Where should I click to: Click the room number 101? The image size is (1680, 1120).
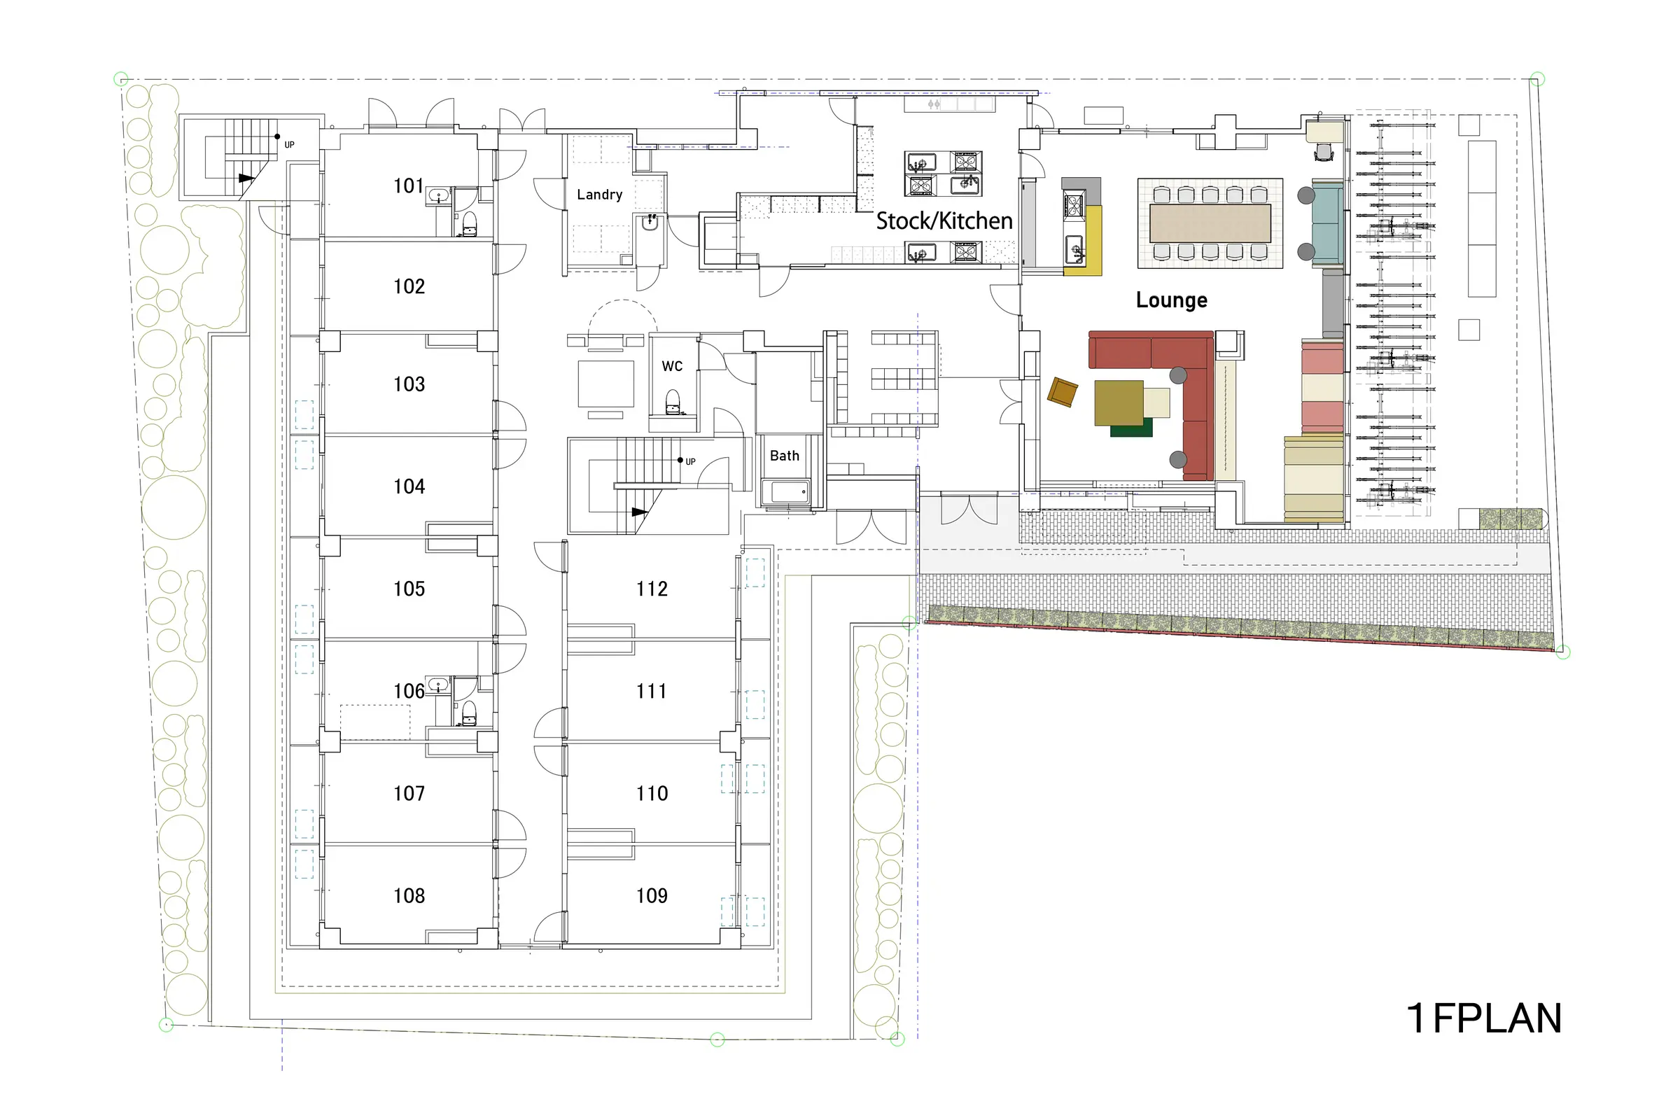click(x=409, y=185)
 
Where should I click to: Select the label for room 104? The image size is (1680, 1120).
click(x=409, y=486)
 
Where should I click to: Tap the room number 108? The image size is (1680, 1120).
click(x=409, y=896)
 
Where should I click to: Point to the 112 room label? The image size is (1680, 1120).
click(x=652, y=589)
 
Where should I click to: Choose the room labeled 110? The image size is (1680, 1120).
click(x=652, y=794)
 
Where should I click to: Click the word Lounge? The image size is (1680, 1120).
click(x=1171, y=300)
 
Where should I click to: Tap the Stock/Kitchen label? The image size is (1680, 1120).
click(x=944, y=220)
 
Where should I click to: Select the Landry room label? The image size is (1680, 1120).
click(x=599, y=195)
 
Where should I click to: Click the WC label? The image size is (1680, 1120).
click(x=672, y=366)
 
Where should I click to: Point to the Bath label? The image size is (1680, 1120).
click(x=784, y=456)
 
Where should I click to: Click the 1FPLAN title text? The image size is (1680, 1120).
click(x=1483, y=1018)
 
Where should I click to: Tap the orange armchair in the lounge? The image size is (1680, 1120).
click(x=1062, y=392)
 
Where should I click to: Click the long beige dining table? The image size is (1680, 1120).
click(x=1210, y=223)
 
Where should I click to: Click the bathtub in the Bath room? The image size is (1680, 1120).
click(x=785, y=493)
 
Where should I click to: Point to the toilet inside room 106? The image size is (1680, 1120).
click(x=468, y=713)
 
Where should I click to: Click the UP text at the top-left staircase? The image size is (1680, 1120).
click(x=289, y=145)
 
